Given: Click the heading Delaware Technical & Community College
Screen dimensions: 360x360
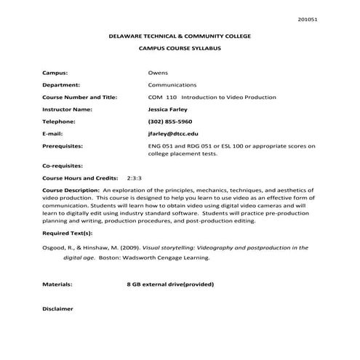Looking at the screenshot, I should pyautogui.click(x=180, y=35).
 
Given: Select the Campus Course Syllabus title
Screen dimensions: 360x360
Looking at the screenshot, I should pyautogui.click(x=180, y=48).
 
